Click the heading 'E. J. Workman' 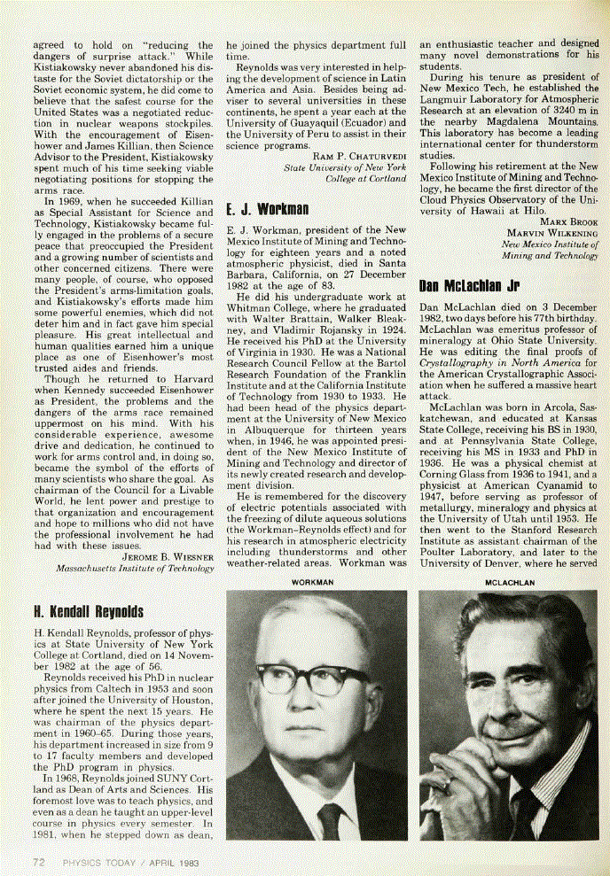click(x=268, y=211)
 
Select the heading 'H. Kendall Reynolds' click(x=87, y=612)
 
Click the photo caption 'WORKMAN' click(x=317, y=583)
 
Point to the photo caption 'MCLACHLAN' click(x=508, y=583)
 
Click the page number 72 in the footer click(x=40, y=861)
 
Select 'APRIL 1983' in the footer click(x=170, y=861)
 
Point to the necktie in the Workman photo click(x=330, y=820)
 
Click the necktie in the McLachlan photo click(x=525, y=810)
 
